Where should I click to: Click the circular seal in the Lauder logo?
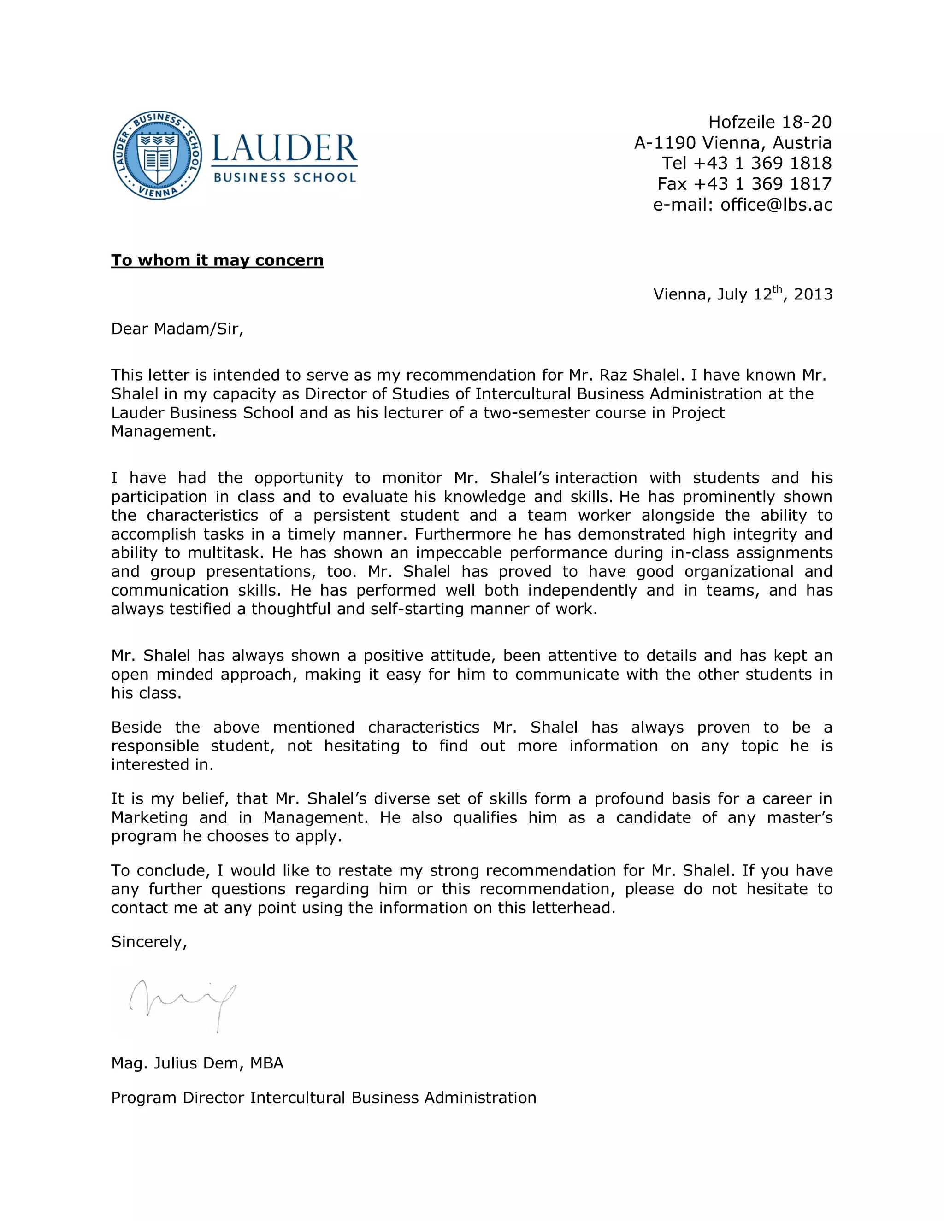tap(158, 155)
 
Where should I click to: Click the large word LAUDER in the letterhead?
tap(284, 149)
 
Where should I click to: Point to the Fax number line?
tap(744, 184)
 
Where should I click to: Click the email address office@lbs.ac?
tap(776, 205)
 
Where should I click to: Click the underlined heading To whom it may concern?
tap(217, 260)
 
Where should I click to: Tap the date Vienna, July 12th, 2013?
tap(742, 294)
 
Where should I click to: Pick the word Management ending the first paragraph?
tap(163, 431)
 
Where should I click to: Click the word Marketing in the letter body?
tap(149, 817)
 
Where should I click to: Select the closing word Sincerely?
tap(148, 942)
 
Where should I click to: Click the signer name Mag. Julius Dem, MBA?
tap(197, 1063)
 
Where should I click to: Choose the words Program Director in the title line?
tap(178, 1098)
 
